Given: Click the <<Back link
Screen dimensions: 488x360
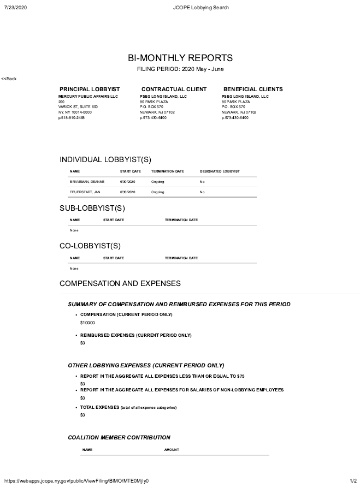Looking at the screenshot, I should pos(9,79).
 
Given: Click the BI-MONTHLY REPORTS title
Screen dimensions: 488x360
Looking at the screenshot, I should pos(180,58).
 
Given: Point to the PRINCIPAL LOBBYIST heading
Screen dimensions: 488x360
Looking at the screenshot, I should pos(89,89).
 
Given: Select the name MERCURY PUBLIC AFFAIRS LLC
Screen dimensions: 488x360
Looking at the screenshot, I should pos(88,96).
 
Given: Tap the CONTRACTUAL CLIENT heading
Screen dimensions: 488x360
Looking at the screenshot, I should pos(174,89).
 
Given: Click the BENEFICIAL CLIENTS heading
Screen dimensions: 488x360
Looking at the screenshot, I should pos(253,89).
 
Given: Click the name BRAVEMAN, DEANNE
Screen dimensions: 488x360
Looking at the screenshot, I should pos(83,181).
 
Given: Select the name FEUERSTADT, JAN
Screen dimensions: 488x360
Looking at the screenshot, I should pos(85,192).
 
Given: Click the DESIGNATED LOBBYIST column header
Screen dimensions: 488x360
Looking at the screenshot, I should pos(220,171).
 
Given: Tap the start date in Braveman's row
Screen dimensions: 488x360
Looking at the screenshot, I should pos(127,181).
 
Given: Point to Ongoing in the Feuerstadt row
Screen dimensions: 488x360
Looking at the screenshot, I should pos(157,192).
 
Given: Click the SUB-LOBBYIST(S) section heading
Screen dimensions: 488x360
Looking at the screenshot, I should pos(92,208).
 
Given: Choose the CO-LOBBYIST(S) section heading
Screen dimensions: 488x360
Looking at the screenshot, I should pos(90,246).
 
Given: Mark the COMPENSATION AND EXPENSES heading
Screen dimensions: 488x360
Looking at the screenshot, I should pos(120,284).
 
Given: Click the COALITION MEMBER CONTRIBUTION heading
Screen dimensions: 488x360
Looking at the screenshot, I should pos(119,437).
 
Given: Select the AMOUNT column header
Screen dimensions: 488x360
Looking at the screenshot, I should pos(172,450).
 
